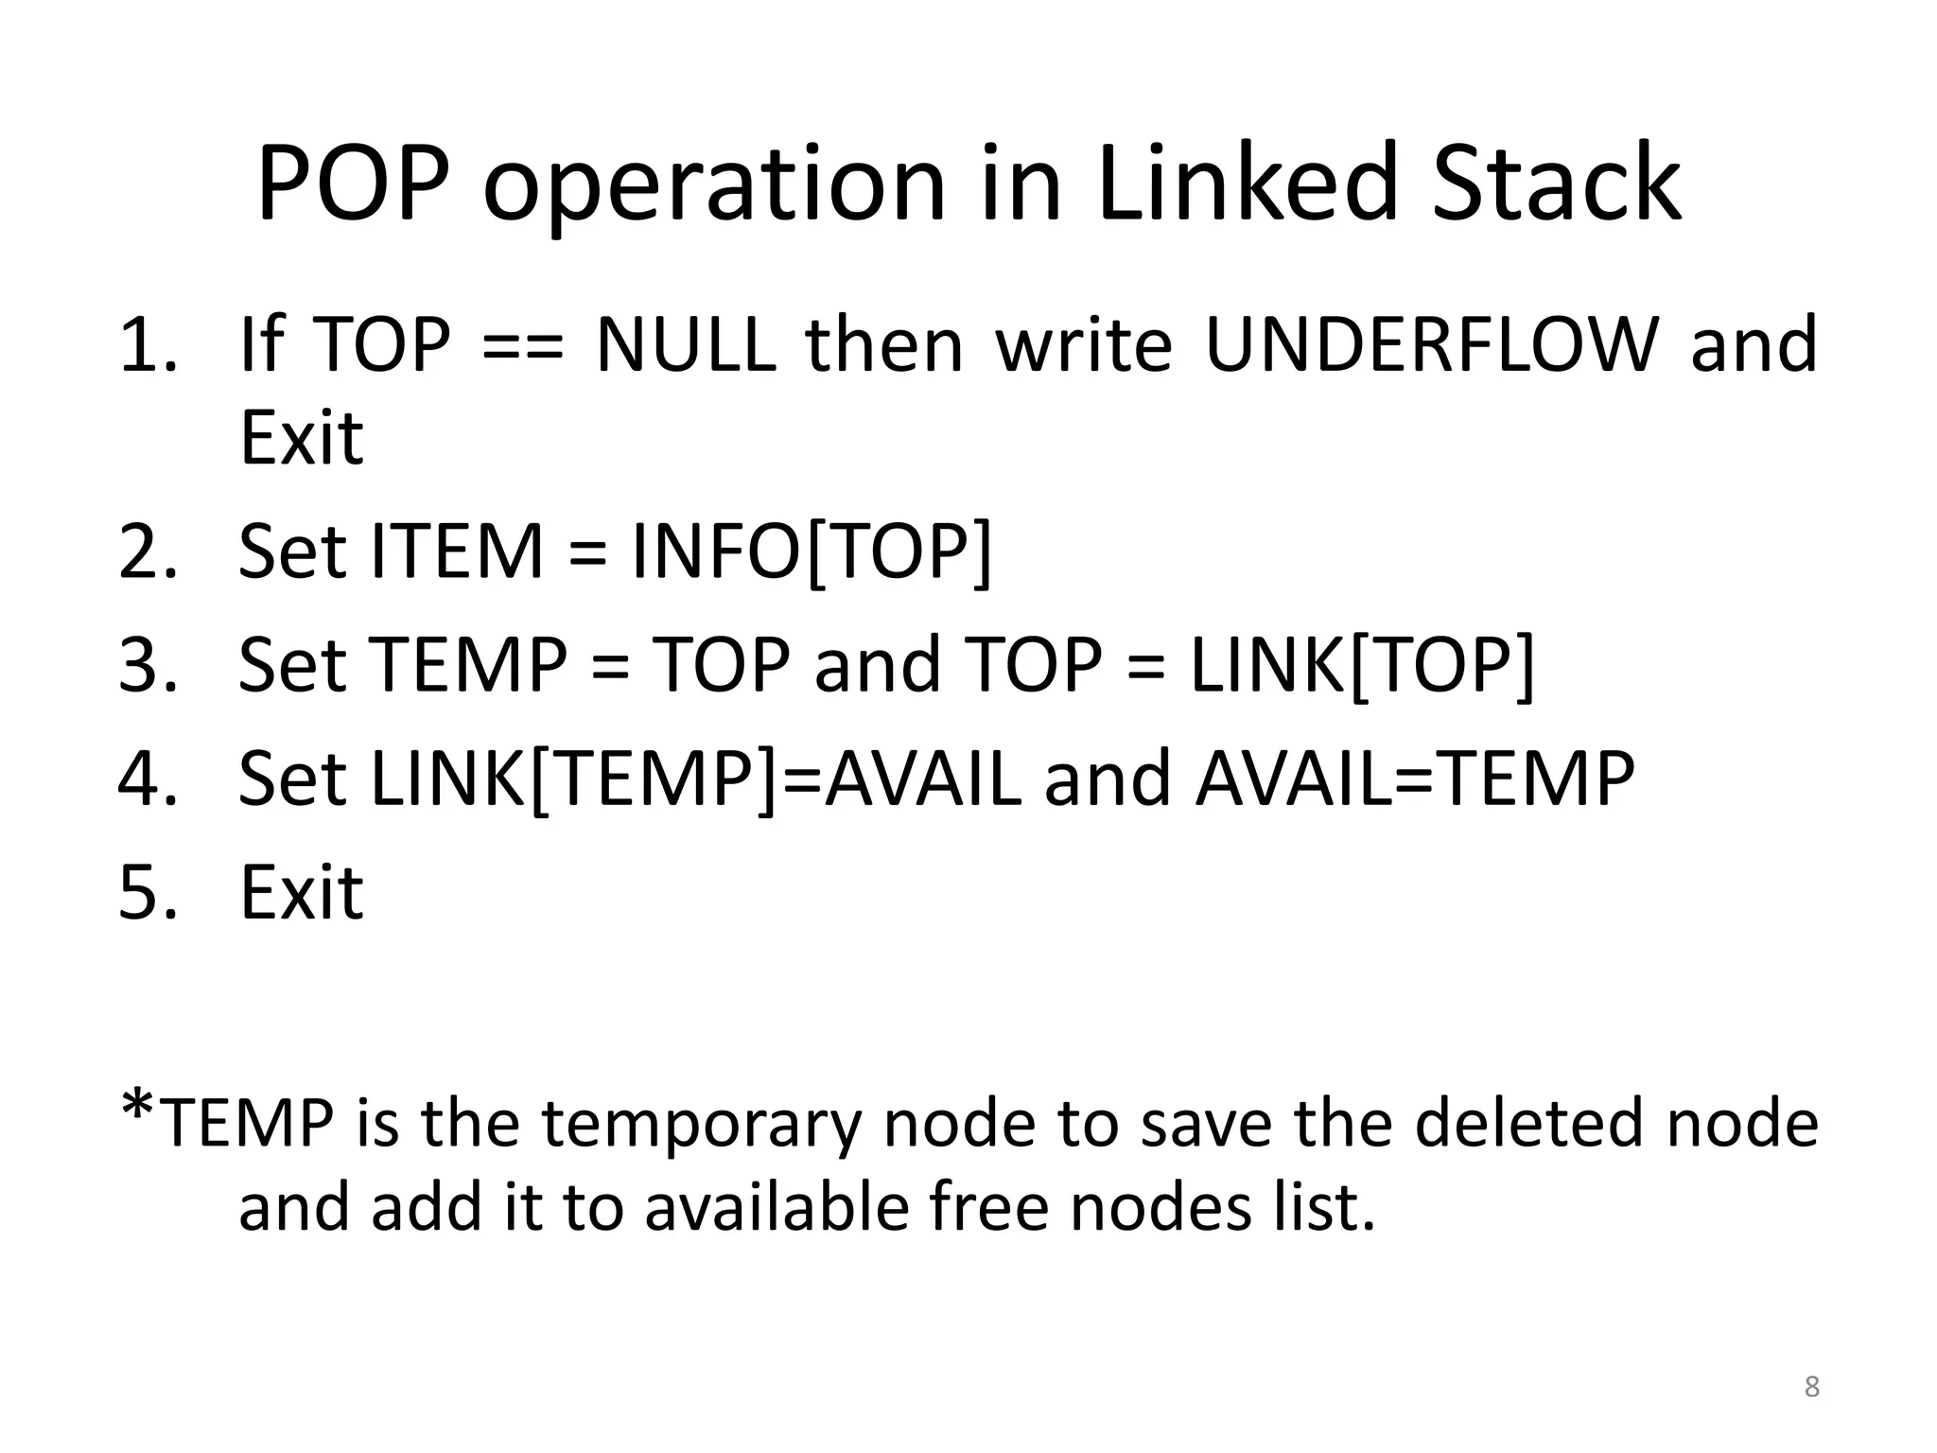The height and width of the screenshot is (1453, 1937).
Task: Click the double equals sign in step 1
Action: pyautogui.click(x=523, y=345)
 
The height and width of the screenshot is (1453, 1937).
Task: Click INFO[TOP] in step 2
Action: pyautogui.click(x=811, y=551)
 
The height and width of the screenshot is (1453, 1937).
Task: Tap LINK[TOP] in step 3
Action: pyautogui.click(x=1362, y=664)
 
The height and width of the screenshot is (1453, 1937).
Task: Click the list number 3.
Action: pyautogui.click(x=147, y=664)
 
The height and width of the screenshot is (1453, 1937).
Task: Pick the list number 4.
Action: pyautogui.click(x=147, y=778)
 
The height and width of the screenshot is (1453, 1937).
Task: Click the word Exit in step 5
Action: pyautogui.click(x=302, y=892)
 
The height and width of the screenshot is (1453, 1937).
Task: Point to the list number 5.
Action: pyautogui.click(x=147, y=892)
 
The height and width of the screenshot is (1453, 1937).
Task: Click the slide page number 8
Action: pyautogui.click(x=1811, y=1387)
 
